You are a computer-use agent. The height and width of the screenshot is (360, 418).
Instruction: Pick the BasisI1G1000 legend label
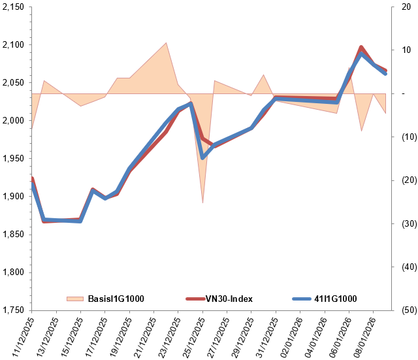[x=116, y=299]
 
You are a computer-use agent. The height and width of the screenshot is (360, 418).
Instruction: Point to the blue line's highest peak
[x=361, y=54]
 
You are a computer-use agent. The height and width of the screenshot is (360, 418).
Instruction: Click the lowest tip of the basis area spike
[x=202, y=203]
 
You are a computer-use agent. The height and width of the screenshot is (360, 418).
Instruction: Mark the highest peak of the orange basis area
[x=166, y=43]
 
